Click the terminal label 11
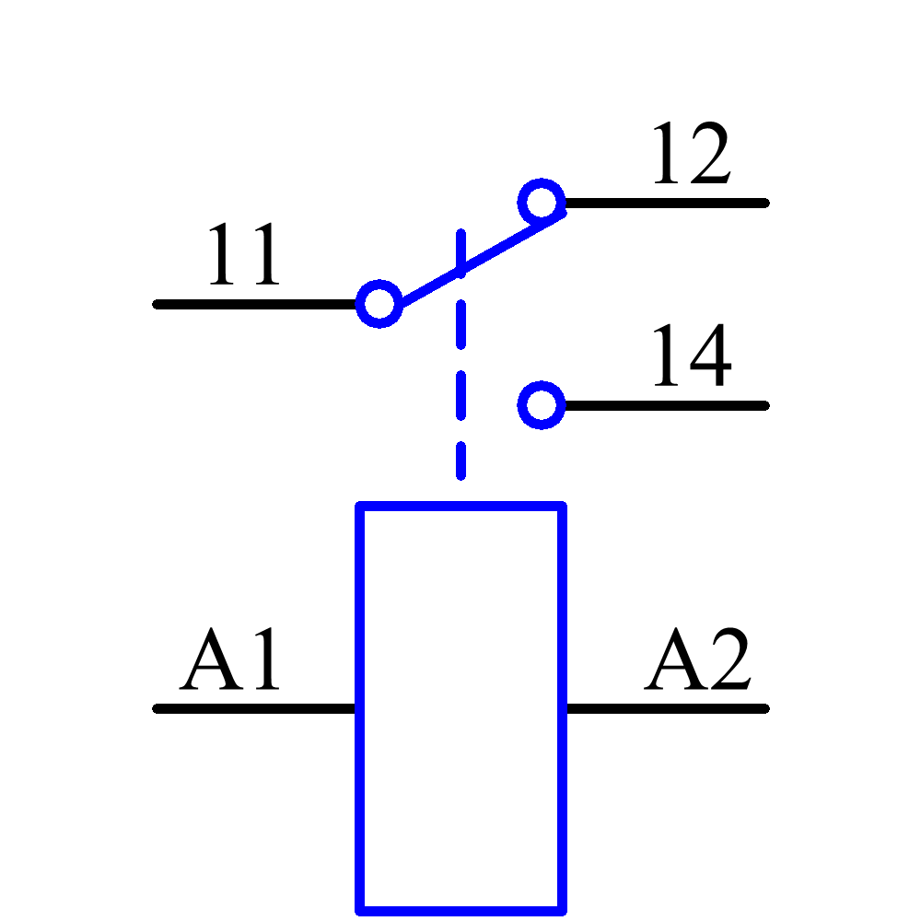tap(242, 256)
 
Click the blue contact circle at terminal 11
tap(379, 304)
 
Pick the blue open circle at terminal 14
tap(542, 405)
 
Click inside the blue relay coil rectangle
tap(460, 709)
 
